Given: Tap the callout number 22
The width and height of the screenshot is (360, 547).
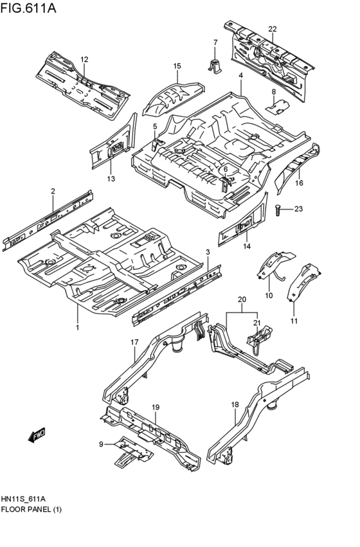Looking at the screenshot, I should tap(273, 29).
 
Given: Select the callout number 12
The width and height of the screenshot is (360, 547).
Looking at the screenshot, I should tap(84, 59).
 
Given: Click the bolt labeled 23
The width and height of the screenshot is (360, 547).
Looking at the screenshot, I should tap(278, 208).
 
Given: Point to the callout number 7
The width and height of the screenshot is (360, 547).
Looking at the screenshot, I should tap(215, 42).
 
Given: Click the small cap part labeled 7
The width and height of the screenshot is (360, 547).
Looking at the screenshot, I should tap(215, 64).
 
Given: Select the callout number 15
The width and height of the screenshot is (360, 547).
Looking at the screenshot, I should tap(177, 66).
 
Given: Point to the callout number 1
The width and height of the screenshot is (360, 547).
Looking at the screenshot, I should tap(78, 327).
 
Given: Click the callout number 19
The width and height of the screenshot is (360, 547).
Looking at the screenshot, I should tap(155, 408).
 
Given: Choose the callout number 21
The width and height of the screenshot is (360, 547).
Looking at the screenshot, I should tap(257, 323).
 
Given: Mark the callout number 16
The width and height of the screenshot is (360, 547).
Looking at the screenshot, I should tap(299, 183).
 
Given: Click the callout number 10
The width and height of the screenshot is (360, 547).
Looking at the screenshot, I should tap(268, 296).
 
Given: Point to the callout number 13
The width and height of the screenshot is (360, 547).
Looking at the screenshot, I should tap(111, 178).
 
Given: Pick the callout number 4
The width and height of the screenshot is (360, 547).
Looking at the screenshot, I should tap(240, 76).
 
